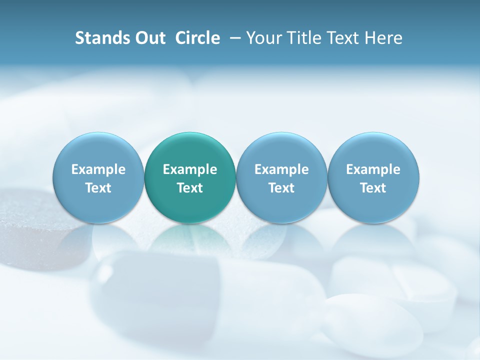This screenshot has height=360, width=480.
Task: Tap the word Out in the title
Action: pyautogui.click(x=149, y=38)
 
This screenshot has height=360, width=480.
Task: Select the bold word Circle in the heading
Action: pyautogui.click(x=197, y=38)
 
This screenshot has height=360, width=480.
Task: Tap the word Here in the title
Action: pyautogui.click(x=383, y=38)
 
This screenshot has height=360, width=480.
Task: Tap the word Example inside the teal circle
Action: pyautogui.click(x=190, y=169)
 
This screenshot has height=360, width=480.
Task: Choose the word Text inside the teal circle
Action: pyautogui.click(x=190, y=188)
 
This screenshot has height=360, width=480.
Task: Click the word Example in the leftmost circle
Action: pyautogui.click(x=98, y=169)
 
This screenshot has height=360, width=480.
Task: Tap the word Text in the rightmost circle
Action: pyautogui.click(x=373, y=188)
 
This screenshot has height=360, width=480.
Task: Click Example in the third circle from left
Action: pyautogui.click(x=281, y=169)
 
